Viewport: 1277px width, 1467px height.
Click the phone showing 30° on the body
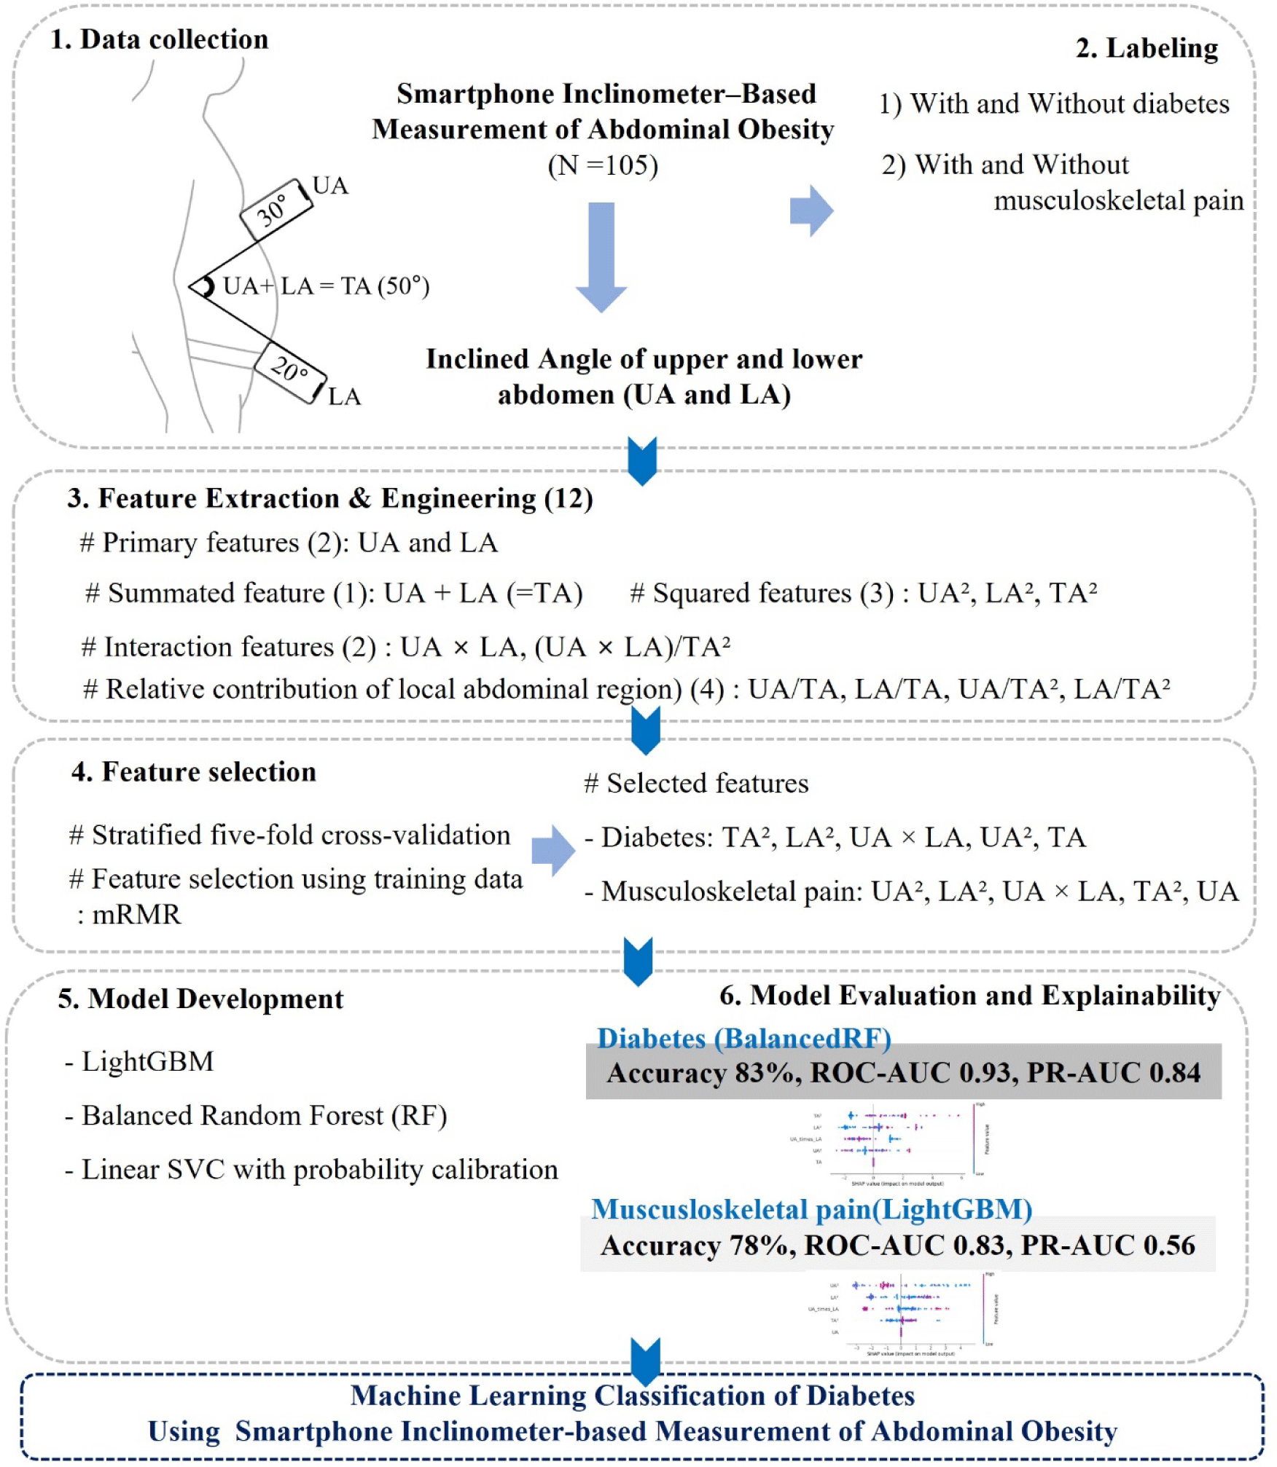[276, 210]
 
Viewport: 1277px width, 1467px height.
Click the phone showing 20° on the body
[290, 371]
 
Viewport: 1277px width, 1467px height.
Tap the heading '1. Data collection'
[159, 39]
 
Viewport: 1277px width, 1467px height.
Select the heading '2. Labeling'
[1147, 48]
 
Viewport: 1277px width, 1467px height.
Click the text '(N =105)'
[603, 165]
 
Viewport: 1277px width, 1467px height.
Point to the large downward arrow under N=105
[601, 256]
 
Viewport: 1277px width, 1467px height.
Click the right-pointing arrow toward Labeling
[811, 211]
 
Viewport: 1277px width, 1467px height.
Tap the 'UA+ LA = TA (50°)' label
[326, 286]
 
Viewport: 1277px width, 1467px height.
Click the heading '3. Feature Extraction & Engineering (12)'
[330, 498]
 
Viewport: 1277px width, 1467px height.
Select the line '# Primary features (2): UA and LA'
[289, 543]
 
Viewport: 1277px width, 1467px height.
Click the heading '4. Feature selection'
[194, 771]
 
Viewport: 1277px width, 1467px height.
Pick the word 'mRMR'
[136, 914]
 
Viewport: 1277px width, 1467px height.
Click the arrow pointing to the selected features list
[552, 850]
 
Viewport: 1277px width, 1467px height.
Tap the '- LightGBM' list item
[140, 1061]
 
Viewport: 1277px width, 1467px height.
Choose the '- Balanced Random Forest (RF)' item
[256, 1115]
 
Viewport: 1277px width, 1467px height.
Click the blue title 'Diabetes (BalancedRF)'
[743, 1038]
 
